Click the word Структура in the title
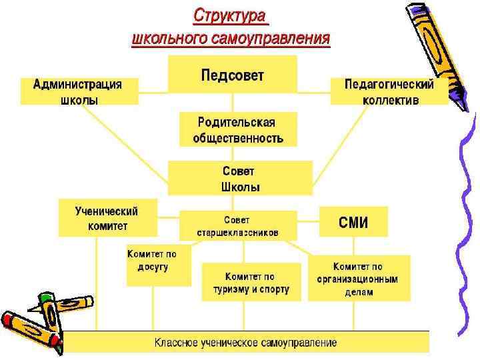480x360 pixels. point(229,15)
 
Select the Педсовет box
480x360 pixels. point(232,74)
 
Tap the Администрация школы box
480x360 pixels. point(79,91)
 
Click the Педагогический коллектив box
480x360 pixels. point(389,91)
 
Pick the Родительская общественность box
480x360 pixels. point(238,129)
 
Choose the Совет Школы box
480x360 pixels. point(239,178)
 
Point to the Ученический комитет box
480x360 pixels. point(107,218)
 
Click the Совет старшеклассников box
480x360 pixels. point(238,226)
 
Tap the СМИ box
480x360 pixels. point(353,221)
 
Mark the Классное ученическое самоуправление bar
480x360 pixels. point(245,343)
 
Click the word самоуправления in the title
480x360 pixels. point(270,39)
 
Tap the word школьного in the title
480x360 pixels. point(169,39)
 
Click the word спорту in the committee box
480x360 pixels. point(273,289)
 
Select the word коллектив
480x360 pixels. point(391,100)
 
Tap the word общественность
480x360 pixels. point(238,139)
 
